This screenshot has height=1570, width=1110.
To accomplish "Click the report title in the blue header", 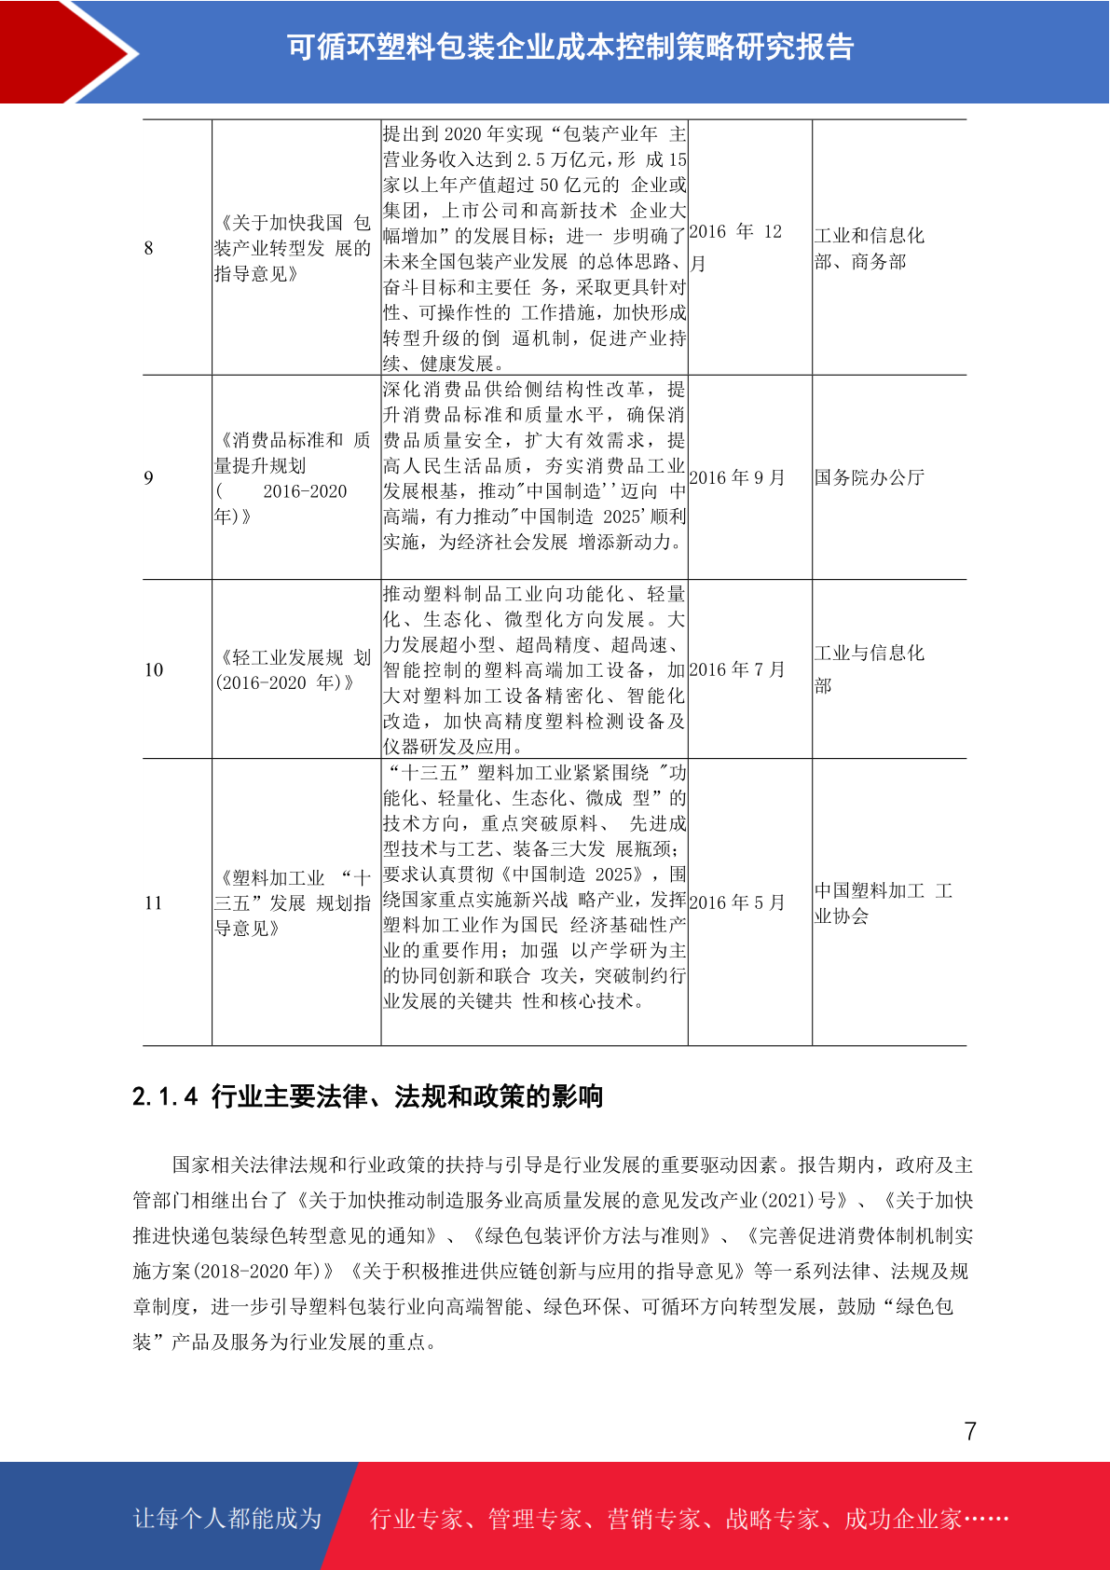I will click(570, 47).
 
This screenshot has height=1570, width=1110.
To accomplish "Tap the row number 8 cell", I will click(149, 248).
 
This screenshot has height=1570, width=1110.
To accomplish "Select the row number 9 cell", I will click(149, 478).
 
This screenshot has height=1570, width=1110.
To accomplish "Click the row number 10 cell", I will click(154, 669).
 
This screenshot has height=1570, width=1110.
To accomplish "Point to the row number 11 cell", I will click(154, 902).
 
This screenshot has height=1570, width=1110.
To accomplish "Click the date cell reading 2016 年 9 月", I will click(736, 478).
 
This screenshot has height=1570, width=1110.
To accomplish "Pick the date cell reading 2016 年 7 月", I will click(736, 669).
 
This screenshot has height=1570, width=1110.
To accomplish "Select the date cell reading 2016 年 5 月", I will click(736, 902).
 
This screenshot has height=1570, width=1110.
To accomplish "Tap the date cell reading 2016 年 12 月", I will click(735, 247).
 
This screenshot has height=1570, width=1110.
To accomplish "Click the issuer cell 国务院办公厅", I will click(869, 478).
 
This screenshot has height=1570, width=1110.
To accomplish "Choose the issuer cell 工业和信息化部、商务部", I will click(869, 248).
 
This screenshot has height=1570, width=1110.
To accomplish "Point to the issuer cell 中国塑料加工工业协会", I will click(882, 902).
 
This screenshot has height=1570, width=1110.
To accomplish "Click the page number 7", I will click(970, 1431).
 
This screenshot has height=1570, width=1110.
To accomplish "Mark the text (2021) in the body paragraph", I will click(788, 1200).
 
